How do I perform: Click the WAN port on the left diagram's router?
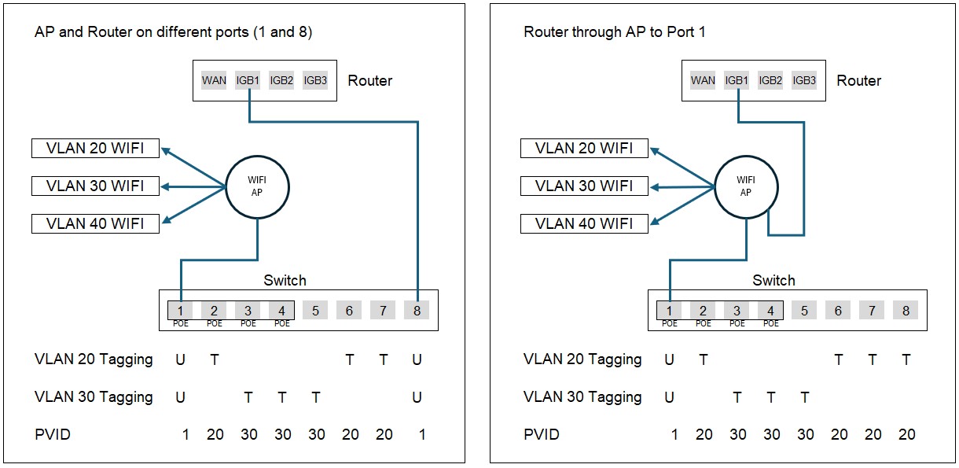pos(214,80)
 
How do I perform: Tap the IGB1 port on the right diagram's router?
pos(737,80)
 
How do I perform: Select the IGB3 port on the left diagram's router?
pos(315,80)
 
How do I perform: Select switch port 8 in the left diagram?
pos(417,311)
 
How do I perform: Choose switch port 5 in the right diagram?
pos(804,311)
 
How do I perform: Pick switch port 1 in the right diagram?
pos(669,311)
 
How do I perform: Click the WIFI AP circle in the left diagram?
pos(257,186)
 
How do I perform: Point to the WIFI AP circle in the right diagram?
pos(746,186)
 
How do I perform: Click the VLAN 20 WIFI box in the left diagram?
pos(95,148)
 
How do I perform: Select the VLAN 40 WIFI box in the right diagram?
pos(584,223)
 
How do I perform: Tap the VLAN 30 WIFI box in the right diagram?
pos(584,186)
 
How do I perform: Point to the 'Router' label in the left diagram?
pos(370,80)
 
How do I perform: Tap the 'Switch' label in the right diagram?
pos(773,280)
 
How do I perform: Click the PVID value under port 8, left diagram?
pos(422,434)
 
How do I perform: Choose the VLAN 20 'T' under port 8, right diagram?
pos(906,359)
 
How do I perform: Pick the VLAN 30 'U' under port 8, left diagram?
pos(417,397)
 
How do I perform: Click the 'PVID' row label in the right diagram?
pos(541,434)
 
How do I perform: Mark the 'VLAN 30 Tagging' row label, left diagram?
pos(94,397)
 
